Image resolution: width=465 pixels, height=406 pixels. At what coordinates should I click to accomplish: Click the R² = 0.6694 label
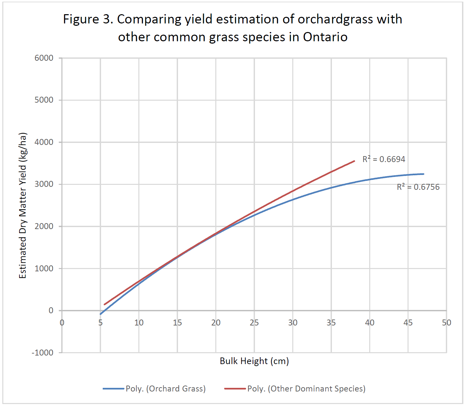pyautogui.click(x=384, y=159)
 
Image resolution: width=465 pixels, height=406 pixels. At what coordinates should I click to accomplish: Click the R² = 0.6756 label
pyautogui.click(x=418, y=187)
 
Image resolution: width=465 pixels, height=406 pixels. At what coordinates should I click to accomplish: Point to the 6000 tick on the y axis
pyautogui.click(x=44, y=58)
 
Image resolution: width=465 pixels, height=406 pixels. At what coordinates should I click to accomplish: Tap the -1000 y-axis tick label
pyautogui.click(x=42, y=353)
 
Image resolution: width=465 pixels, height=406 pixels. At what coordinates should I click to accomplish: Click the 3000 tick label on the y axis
pyautogui.click(x=44, y=184)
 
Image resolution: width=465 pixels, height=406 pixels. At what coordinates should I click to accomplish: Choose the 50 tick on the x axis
pyautogui.click(x=447, y=323)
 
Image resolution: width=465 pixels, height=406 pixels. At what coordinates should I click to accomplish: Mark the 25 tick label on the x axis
pyautogui.click(x=254, y=323)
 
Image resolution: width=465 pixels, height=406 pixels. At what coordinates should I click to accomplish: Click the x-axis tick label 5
pyautogui.click(x=100, y=323)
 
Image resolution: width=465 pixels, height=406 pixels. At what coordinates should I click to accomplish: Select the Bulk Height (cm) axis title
pyautogui.click(x=254, y=361)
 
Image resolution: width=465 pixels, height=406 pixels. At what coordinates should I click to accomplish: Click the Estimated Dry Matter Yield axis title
pyautogui.click(x=22, y=206)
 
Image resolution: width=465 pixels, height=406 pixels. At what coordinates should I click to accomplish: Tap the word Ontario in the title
pyautogui.click(x=325, y=37)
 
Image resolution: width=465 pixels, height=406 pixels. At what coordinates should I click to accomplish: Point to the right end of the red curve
pyautogui.click(x=354, y=161)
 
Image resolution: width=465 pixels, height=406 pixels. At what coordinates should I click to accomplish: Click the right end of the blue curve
pyautogui.click(x=423, y=174)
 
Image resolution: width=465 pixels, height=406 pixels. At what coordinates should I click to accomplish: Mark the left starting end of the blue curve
pyautogui.click(x=100, y=314)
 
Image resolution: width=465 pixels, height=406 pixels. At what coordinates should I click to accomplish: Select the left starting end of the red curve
pyautogui.click(x=104, y=304)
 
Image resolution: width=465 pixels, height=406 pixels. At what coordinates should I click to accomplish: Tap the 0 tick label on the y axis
pyautogui.click(x=51, y=311)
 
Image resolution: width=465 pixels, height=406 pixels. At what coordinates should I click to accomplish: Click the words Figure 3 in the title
pyautogui.click(x=88, y=19)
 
